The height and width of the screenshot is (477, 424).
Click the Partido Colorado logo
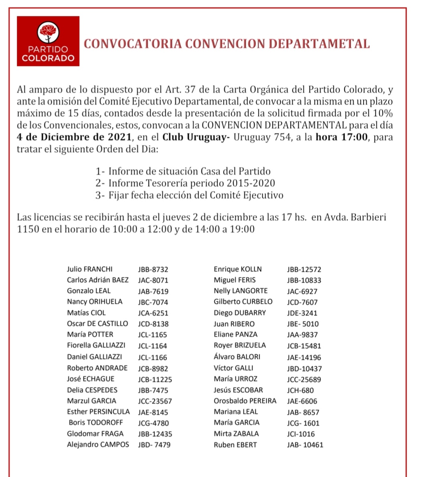tap(48, 41)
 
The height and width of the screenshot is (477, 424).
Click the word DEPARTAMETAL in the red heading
tap(319, 44)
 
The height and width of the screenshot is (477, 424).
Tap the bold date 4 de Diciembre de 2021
tap(75, 137)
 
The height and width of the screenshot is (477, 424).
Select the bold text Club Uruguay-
tap(196, 137)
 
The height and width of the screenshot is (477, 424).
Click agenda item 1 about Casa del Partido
tap(183, 171)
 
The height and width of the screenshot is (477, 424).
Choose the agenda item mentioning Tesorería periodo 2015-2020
tap(185, 183)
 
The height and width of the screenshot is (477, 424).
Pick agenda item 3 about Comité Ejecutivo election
tap(189, 195)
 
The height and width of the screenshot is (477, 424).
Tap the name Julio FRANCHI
tap(90, 269)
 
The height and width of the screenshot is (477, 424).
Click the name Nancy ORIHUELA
tap(95, 302)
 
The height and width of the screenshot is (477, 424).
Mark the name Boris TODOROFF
tap(96, 423)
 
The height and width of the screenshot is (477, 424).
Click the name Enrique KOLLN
tap(238, 269)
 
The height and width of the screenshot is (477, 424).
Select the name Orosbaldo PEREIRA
tap(245, 401)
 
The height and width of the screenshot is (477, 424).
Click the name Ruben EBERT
tap(235, 445)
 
